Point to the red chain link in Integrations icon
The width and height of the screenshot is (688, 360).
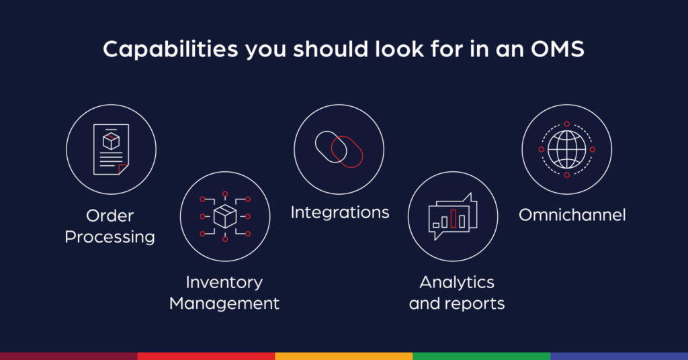[347, 151]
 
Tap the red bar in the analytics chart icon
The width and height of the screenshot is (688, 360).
[454, 218]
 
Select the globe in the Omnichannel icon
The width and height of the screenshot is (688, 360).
[566, 149]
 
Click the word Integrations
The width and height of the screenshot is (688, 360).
[339, 213]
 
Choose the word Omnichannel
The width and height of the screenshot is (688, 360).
[572, 215]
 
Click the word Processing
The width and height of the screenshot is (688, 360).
[110, 237]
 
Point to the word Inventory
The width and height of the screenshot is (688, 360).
[224, 282]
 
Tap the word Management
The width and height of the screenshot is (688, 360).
[224, 304]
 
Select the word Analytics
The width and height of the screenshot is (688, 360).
[456, 282]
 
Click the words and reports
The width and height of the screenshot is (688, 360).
[456, 304]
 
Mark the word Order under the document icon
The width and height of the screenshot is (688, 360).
[110, 216]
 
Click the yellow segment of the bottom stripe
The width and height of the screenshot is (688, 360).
[343, 356]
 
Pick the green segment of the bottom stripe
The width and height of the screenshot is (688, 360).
[481, 356]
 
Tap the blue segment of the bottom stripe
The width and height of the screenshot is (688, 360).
[619, 356]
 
